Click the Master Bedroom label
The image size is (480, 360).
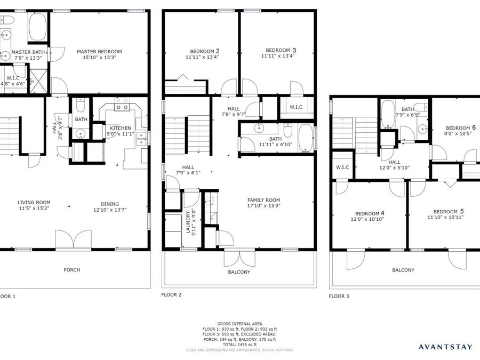point(99,52)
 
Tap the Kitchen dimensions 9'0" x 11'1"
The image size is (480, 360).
point(120,134)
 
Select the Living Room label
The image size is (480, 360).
point(34,202)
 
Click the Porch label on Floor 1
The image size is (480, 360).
point(72,270)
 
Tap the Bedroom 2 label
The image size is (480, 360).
point(202,51)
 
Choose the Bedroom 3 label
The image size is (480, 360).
point(278,50)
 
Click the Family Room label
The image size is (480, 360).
point(263,200)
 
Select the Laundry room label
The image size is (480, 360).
point(188,221)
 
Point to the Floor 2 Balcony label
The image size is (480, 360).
point(239,272)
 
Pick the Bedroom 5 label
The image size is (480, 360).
point(445,211)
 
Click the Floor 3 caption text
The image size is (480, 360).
point(339,295)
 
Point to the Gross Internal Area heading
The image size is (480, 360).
point(239,324)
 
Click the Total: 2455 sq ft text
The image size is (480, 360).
point(239,345)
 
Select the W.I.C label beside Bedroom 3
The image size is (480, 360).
point(296,107)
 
